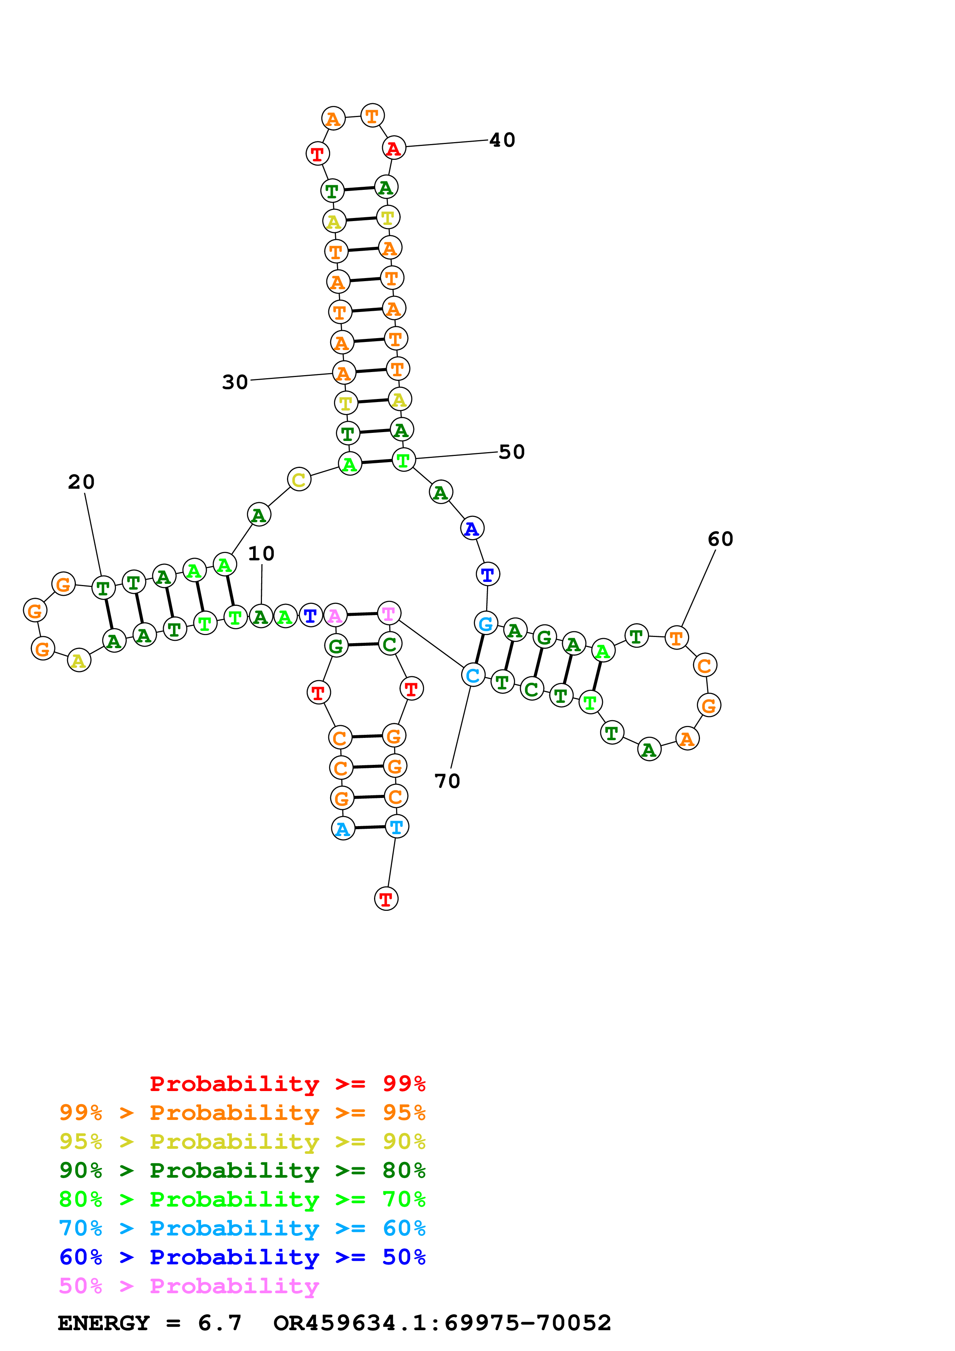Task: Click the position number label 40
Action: coord(502,140)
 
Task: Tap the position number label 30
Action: coord(235,382)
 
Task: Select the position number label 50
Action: coord(511,452)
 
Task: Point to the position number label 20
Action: coord(81,482)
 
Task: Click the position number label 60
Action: coord(720,539)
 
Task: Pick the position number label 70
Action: coord(447,781)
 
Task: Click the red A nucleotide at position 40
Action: coord(394,148)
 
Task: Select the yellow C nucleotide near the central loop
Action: coord(299,479)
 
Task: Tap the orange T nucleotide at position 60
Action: coord(676,637)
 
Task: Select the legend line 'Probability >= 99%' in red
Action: coord(288,1083)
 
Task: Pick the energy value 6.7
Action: coord(220,1323)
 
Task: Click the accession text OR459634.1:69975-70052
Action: coord(442,1323)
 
